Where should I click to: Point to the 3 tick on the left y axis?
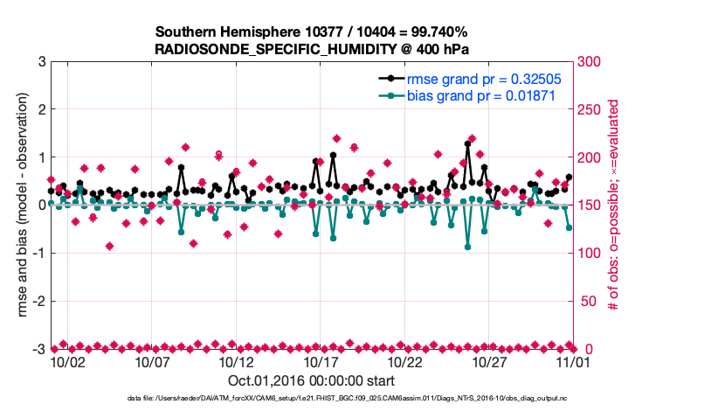[41, 62]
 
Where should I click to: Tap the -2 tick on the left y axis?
[38, 301]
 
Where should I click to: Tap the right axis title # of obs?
[614, 205]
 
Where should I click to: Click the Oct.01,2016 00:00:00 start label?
[311, 380]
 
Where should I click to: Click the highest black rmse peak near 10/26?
[468, 143]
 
